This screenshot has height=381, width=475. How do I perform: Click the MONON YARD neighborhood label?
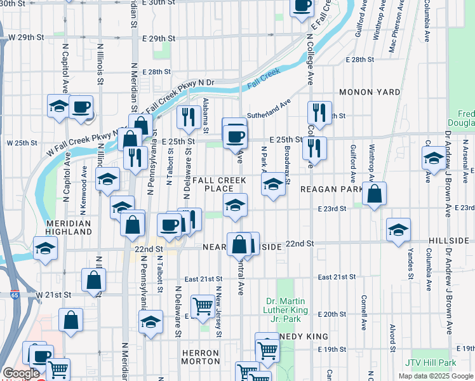[x=370, y=92]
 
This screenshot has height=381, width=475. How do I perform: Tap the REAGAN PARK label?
[x=331, y=189]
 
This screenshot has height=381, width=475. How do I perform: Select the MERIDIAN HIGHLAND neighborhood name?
[x=69, y=228]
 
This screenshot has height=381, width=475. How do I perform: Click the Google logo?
[x=20, y=373]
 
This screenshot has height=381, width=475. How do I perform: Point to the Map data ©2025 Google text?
[x=435, y=376]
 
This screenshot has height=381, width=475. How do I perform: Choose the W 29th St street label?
[x=26, y=38]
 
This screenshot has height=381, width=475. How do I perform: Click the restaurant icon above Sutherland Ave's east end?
[x=319, y=112]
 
